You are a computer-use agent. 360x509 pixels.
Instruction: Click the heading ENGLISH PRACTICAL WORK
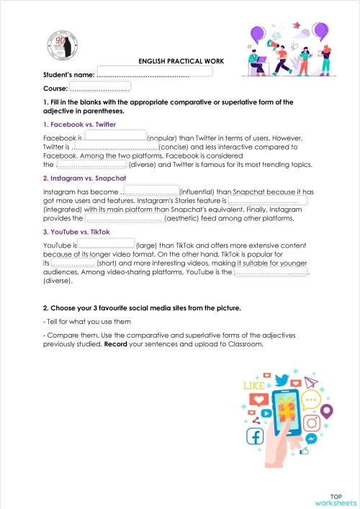[x=181, y=62]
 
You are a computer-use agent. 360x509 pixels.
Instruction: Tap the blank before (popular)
[x=115, y=135]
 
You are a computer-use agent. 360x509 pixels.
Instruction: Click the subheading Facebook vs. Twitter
[x=79, y=125]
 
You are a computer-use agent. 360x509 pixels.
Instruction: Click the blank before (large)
[x=106, y=244]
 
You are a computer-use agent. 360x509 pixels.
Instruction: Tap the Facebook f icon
[x=255, y=435]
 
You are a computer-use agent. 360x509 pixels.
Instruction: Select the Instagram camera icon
[x=311, y=423]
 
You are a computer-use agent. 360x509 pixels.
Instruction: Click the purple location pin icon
[x=327, y=411]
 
